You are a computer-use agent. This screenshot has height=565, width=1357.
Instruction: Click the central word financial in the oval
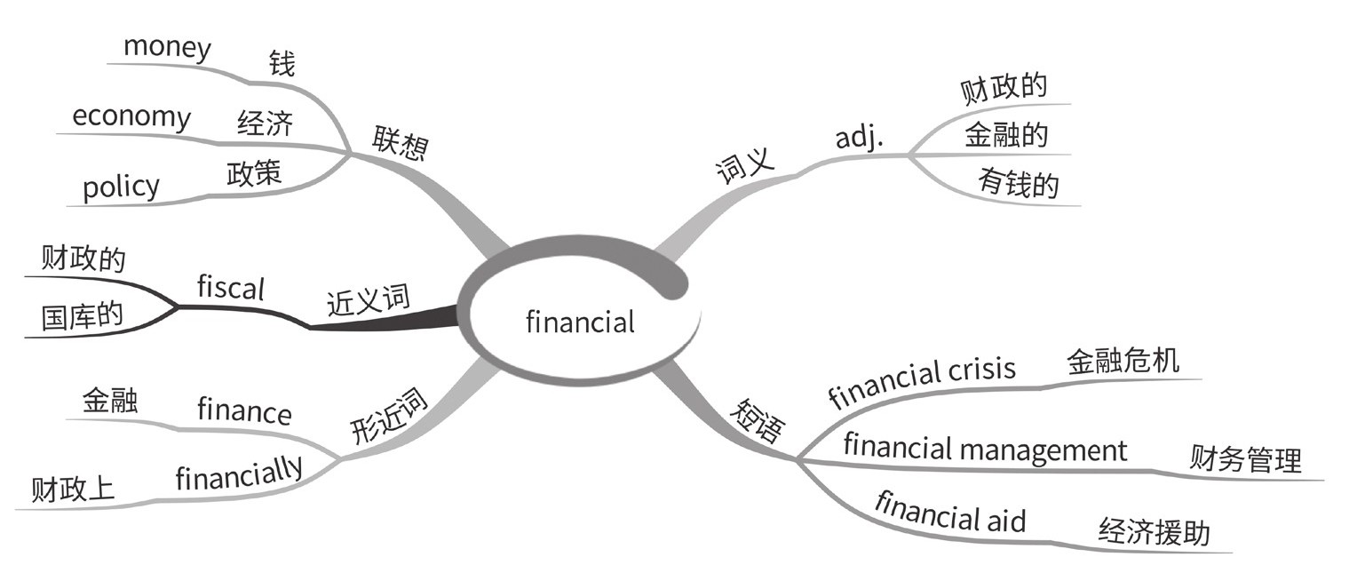580,321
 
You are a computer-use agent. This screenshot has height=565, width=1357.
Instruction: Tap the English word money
167,46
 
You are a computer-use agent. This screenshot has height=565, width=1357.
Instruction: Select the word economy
131,117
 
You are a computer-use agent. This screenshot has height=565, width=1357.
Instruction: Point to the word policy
121,187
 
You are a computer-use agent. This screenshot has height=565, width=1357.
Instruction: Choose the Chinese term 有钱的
1019,184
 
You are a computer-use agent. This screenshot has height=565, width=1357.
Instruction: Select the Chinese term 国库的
83,317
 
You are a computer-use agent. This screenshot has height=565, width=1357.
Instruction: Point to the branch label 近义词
369,301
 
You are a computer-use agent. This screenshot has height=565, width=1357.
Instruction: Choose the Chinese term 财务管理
1245,460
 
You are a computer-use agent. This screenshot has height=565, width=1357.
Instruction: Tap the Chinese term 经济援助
1154,531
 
